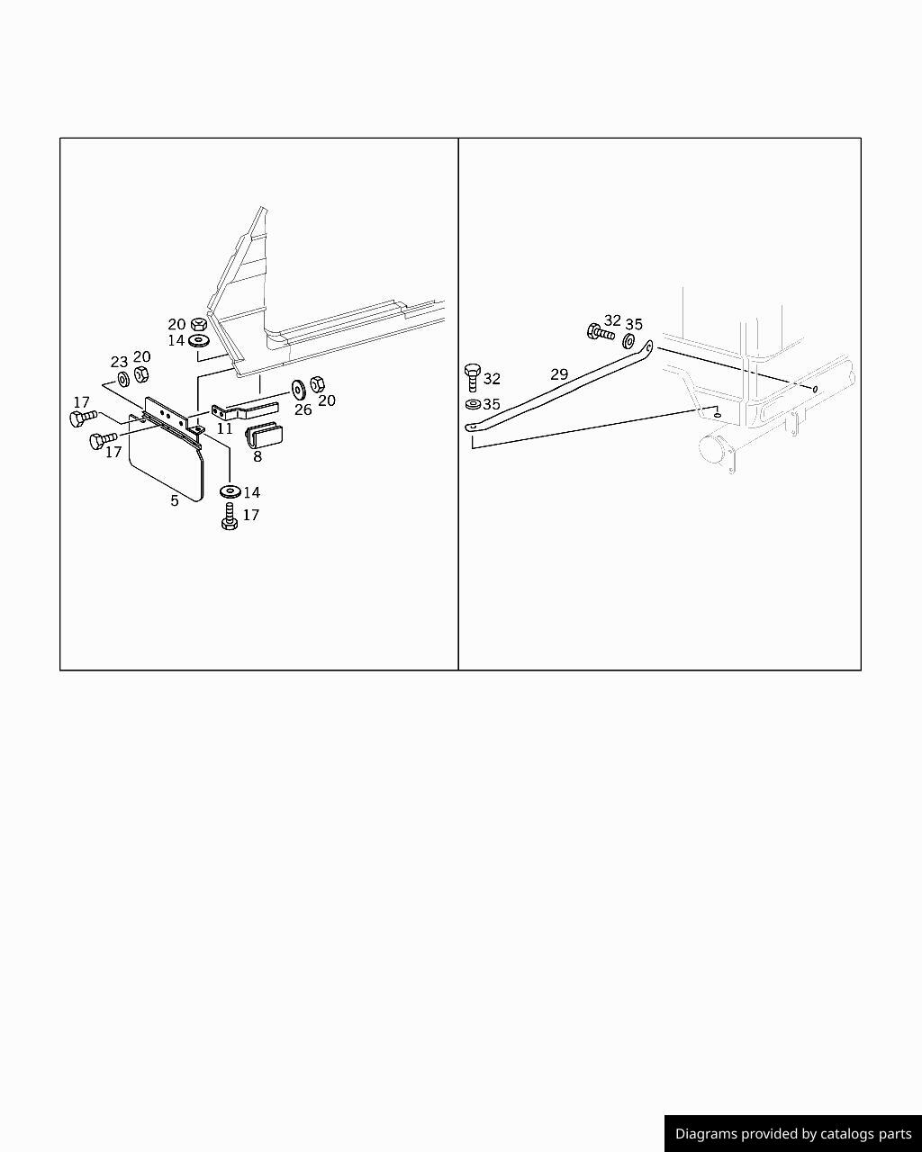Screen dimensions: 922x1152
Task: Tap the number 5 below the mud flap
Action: (175, 500)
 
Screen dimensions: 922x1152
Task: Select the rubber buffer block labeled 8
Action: (264, 435)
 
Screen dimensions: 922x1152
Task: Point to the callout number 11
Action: (224, 428)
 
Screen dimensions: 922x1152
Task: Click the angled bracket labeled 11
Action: (245, 411)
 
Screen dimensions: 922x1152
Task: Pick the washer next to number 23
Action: (123, 380)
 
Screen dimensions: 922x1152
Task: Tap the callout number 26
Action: (303, 410)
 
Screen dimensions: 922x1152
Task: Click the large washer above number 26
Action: (298, 389)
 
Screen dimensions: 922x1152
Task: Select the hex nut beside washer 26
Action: (317, 383)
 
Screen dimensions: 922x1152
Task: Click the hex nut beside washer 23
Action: (141, 374)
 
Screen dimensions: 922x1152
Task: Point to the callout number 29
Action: (559, 374)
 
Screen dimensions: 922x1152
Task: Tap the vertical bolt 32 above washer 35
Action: (473, 377)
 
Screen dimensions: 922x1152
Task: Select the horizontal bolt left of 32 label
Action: (601, 332)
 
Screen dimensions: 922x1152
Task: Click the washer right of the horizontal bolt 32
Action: (628, 340)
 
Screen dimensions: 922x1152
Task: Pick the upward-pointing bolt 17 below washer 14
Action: (230, 517)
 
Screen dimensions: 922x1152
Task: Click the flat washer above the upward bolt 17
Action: (230, 490)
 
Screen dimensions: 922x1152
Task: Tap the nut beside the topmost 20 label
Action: (199, 324)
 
